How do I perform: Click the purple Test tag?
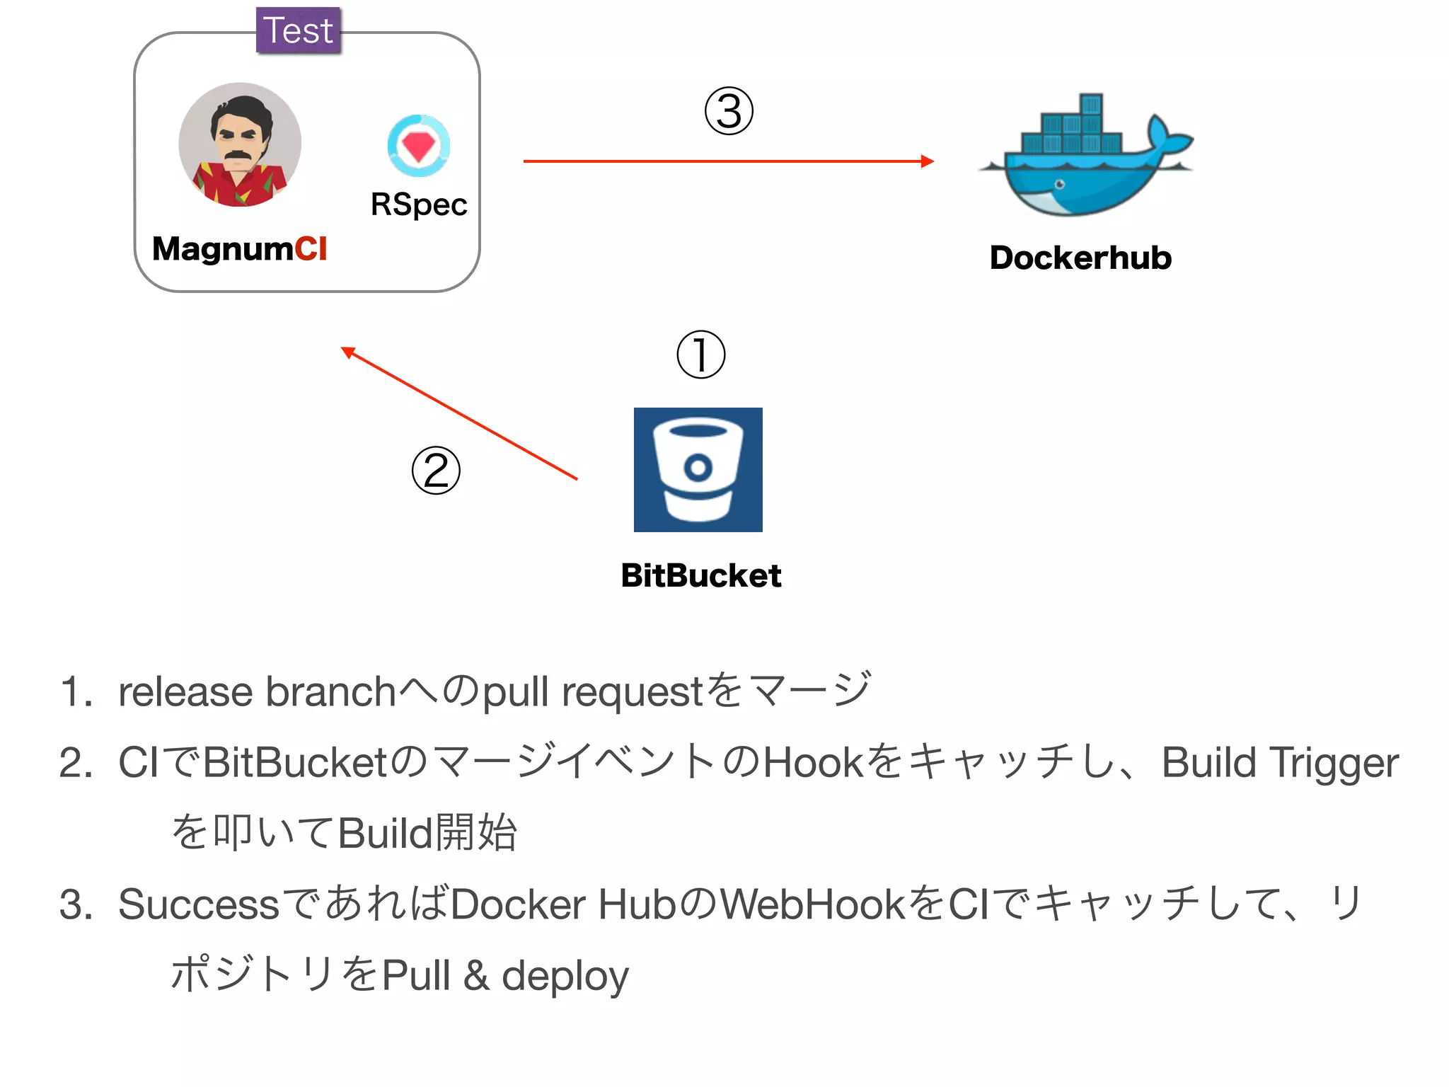click(298, 30)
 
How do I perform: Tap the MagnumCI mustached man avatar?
click(240, 145)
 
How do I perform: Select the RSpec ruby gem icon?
click(418, 146)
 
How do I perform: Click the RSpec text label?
click(418, 205)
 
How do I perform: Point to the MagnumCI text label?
click(239, 249)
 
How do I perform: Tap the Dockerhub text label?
click(1080, 258)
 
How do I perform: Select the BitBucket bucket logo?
click(698, 470)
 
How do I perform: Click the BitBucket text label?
click(700, 575)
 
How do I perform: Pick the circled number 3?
click(729, 111)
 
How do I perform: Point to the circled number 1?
click(700, 354)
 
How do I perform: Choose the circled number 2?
click(436, 471)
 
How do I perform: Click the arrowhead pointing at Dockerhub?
click(927, 161)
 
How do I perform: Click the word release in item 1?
click(185, 691)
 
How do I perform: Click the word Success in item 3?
click(199, 904)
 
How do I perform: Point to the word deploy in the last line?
click(565, 976)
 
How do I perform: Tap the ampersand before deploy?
click(476, 975)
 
